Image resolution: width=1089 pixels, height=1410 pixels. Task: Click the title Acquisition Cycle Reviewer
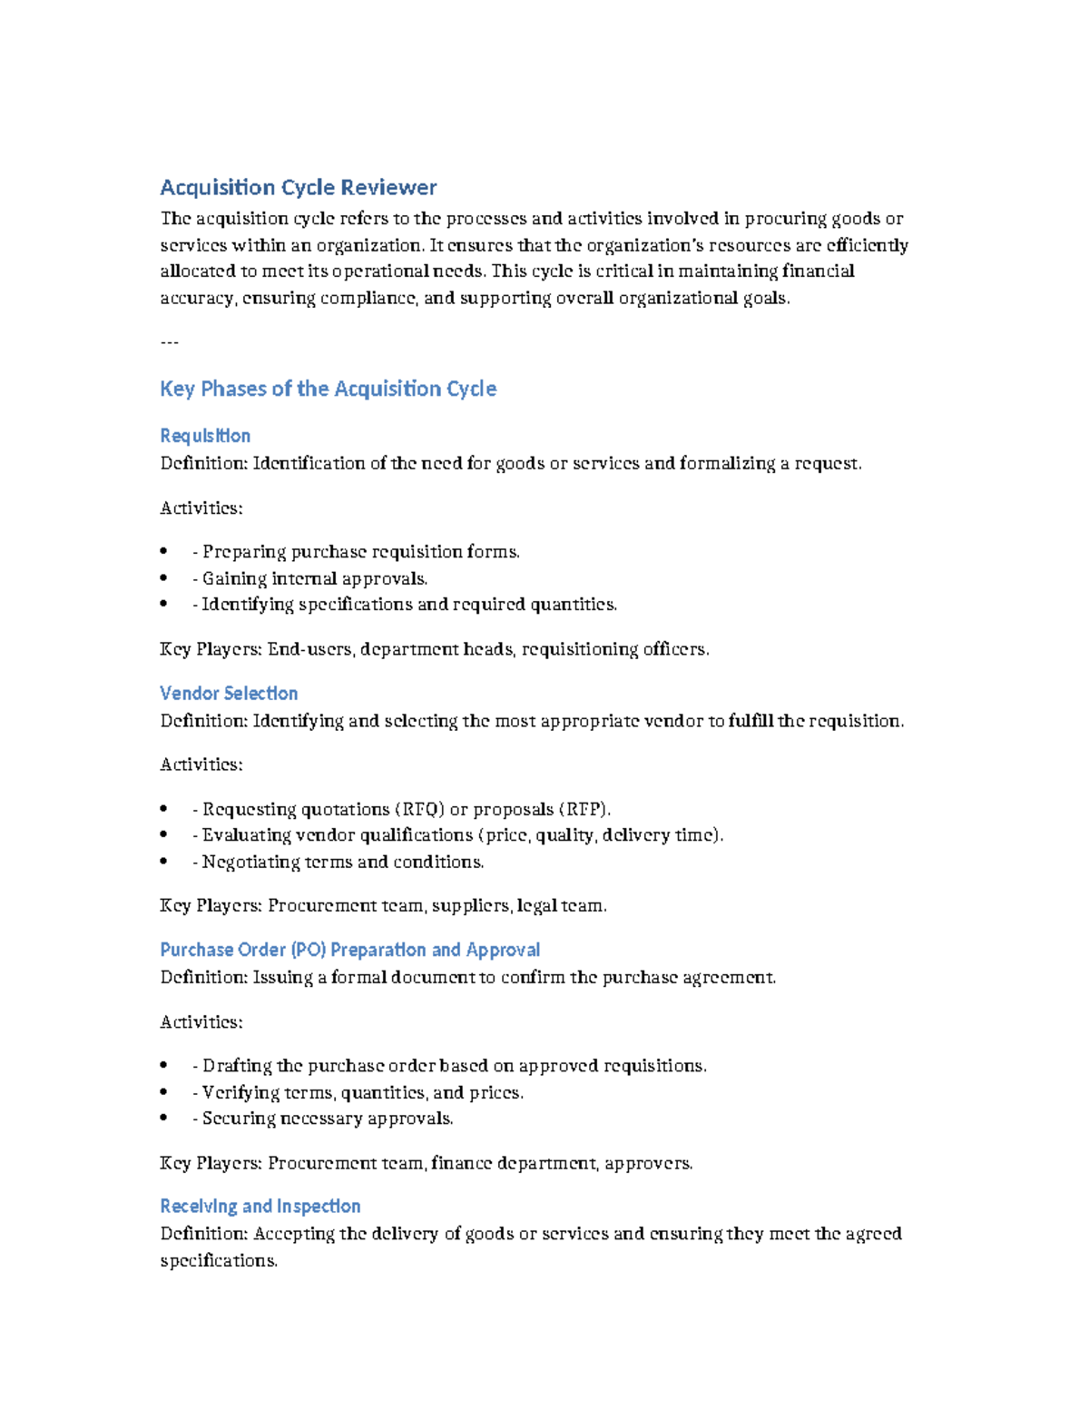[298, 188]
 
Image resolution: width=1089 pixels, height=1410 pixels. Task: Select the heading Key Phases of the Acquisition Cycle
[328, 389]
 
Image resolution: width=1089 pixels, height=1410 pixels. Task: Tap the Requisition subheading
[205, 436]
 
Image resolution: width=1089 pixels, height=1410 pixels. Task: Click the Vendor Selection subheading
[229, 694]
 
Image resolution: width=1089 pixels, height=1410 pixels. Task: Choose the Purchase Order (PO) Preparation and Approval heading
[349, 950]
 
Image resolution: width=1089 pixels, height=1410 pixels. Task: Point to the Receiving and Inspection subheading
[260, 1207]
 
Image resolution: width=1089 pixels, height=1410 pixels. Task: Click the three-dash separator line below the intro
[169, 342]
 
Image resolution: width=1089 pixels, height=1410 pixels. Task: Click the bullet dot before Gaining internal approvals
[163, 578]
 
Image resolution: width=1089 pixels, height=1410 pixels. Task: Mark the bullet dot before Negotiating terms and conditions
[163, 862]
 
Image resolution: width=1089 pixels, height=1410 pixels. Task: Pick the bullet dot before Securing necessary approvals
[163, 1119]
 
